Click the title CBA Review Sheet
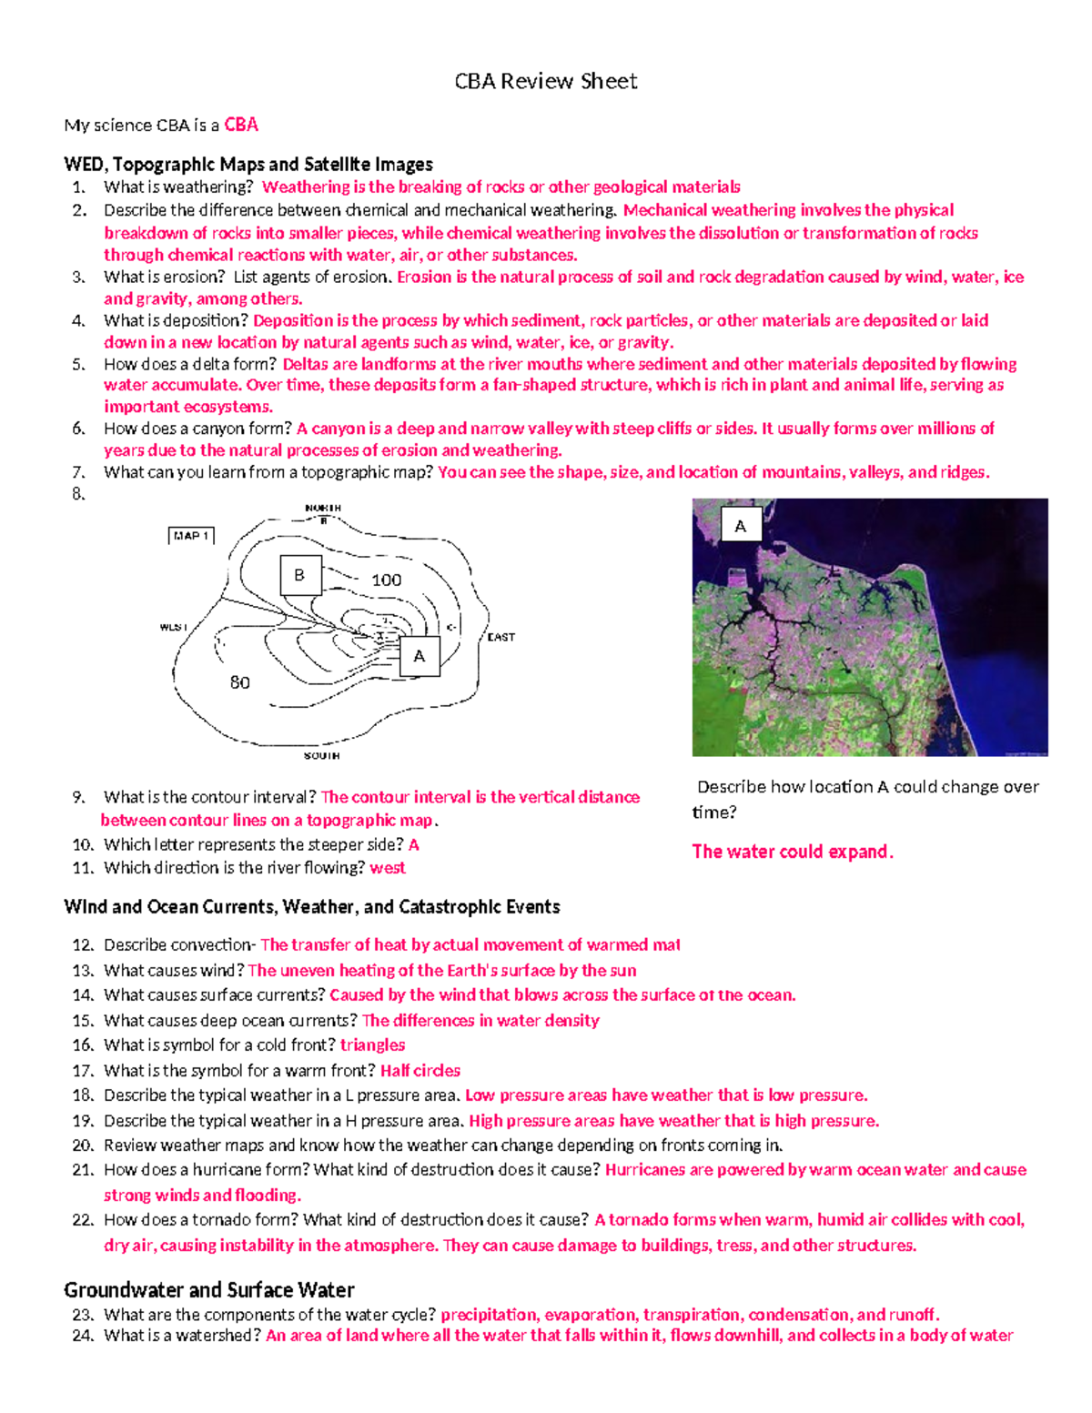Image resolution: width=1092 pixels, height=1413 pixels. [x=545, y=82]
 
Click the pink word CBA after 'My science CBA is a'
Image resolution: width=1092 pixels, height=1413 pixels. [x=241, y=125]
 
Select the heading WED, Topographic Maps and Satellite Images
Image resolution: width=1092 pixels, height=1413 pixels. [x=248, y=165]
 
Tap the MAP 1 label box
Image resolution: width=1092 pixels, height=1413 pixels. [x=191, y=536]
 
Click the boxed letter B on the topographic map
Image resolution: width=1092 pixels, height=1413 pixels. [x=299, y=575]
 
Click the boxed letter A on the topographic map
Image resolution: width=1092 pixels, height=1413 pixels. [x=419, y=656]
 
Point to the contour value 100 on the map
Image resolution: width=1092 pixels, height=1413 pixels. [x=386, y=580]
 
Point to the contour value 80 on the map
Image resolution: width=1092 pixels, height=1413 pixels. [x=239, y=682]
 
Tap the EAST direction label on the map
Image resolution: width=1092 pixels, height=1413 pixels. [x=500, y=637]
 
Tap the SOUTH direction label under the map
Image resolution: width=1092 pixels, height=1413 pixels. [x=321, y=755]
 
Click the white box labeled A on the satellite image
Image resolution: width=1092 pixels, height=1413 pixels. [x=740, y=526]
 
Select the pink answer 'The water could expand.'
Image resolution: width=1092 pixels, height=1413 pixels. [x=793, y=852]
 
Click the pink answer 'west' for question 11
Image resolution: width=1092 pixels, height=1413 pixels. [x=388, y=868]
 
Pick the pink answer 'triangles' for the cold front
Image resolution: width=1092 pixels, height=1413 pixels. [x=372, y=1045]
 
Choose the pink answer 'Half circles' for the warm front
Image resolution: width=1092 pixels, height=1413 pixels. [x=420, y=1071]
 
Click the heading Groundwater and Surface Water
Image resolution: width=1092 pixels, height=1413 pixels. [x=208, y=1289]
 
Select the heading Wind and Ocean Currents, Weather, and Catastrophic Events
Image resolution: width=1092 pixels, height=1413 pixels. [x=311, y=907]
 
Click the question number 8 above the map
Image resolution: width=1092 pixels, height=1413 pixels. [x=78, y=494]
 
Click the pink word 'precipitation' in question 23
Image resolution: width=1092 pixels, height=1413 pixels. [x=489, y=1315]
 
